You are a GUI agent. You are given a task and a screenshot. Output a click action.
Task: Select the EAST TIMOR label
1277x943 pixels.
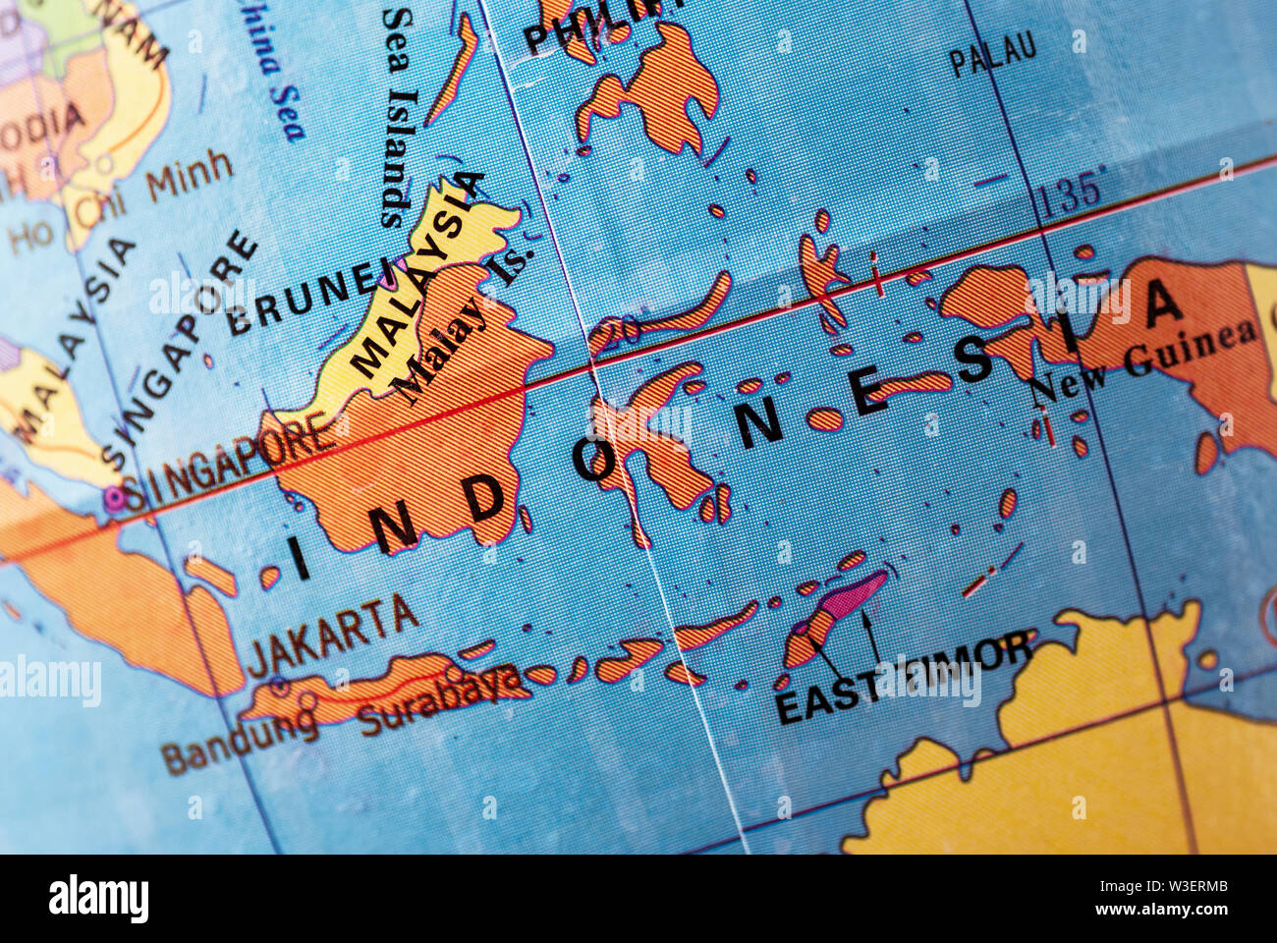pos(904,678)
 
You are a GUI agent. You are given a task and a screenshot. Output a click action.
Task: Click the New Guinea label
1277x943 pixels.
pos(1145,360)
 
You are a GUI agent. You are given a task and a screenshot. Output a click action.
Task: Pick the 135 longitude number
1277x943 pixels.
pos(1071,192)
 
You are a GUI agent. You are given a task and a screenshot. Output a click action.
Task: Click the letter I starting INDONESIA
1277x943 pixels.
pos(299,559)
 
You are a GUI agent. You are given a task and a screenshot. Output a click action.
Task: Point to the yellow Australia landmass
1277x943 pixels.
pos(1081,766)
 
